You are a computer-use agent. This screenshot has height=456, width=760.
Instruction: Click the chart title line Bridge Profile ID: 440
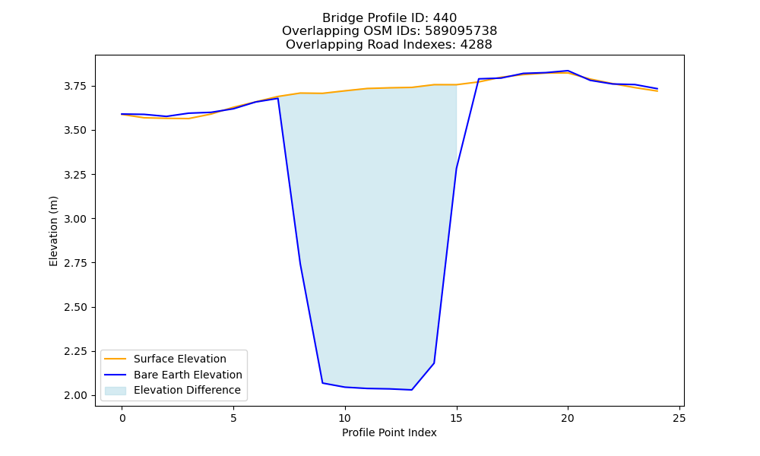point(389,18)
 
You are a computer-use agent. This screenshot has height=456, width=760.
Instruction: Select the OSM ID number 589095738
point(461,31)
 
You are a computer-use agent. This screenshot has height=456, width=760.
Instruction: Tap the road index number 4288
point(476,45)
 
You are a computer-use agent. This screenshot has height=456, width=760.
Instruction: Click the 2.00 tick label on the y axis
point(76,395)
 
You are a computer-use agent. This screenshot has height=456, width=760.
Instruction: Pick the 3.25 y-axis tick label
point(76,175)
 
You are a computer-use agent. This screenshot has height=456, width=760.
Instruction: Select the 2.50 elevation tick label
point(76,307)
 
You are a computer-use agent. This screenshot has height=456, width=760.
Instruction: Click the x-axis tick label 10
point(344,418)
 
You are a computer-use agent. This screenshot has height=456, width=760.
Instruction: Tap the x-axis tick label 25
point(679,418)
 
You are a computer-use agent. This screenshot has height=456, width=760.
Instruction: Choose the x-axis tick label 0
point(122,418)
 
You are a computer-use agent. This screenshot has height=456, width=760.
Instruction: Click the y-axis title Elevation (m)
point(53,231)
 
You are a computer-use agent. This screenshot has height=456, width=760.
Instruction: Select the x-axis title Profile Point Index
point(389,432)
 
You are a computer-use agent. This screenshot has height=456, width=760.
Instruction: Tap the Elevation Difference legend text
point(187,390)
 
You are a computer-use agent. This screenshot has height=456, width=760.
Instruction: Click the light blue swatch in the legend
point(116,391)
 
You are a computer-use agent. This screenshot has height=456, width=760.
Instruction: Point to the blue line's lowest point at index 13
point(411,390)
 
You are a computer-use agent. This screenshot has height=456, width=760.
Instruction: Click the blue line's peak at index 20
point(568,71)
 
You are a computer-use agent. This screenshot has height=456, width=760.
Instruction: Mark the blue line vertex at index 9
point(322,383)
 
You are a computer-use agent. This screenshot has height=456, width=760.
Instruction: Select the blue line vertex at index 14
point(434,363)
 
